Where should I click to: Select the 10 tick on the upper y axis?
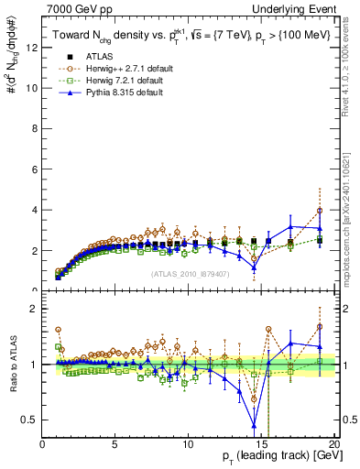coord(32,89)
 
